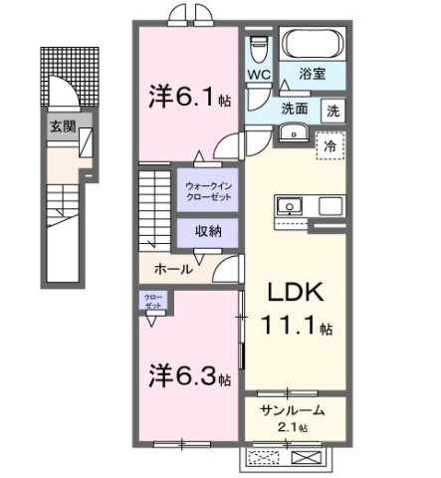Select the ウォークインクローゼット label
[x=207, y=191]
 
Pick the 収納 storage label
[x=207, y=231]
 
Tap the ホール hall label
[x=172, y=269]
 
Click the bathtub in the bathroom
[x=313, y=45]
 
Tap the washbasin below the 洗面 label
[x=292, y=133]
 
